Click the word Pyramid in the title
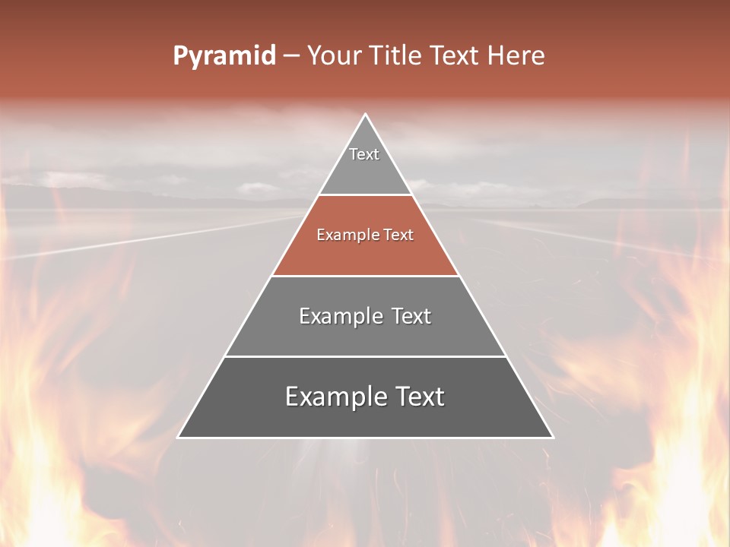click(x=224, y=56)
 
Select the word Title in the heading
click(x=395, y=56)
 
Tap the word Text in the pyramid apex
click(x=364, y=154)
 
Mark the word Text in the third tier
click(x=411, y=316)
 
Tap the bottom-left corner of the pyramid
click(x=179, y=437)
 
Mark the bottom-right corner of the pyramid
click(x=552, y=437)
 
